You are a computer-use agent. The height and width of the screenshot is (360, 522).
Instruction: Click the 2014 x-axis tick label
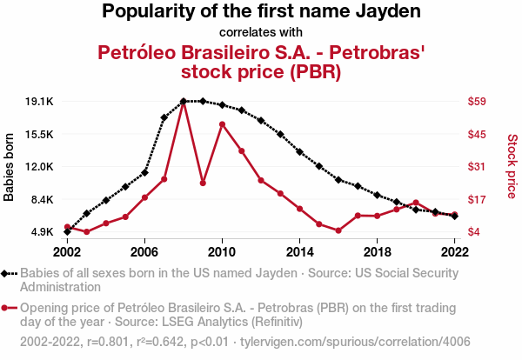pos(299,251)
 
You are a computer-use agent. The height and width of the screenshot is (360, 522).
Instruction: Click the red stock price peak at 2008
pos(184,102)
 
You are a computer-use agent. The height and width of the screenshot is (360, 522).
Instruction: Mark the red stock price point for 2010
pos(223,124)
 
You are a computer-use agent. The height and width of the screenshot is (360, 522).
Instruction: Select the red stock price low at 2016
pos(338,230)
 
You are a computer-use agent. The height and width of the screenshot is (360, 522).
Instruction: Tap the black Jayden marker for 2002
pos(67,232)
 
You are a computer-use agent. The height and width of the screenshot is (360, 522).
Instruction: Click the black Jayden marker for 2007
pos(164,117)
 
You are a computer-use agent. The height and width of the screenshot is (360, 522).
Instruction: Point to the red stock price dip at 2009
pos(203,183)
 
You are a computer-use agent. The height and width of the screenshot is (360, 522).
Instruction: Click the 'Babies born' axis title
pos(10,167)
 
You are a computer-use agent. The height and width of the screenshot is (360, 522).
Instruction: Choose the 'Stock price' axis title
pos(512,165)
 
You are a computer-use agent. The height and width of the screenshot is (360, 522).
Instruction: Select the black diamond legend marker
pos(7,273)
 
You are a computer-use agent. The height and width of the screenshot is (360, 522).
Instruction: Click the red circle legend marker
pos(7,308)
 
